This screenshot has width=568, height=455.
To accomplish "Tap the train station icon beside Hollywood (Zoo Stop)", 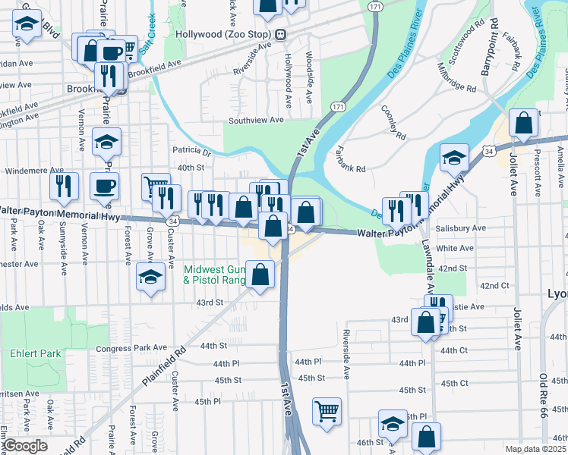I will (x=280, y=34).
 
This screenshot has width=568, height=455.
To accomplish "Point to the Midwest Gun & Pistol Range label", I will (x=215, y=275).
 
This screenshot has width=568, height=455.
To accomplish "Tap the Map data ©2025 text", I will (x=535, y=449).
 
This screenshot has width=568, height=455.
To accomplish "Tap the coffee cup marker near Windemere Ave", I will (x=104, y=185).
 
